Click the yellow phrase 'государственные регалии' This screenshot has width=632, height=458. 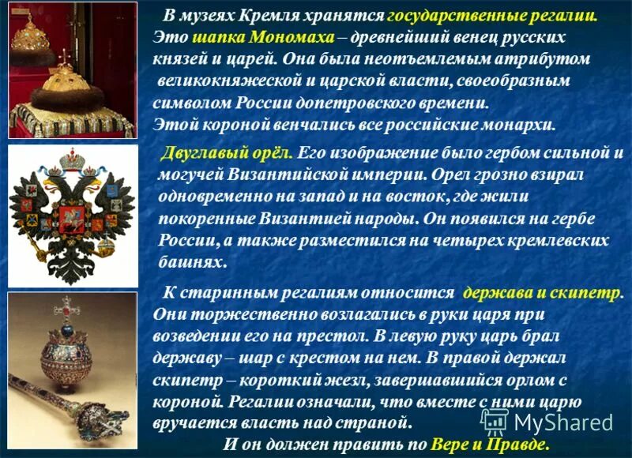point(492,16)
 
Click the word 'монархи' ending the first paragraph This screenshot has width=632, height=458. point(517,125)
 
